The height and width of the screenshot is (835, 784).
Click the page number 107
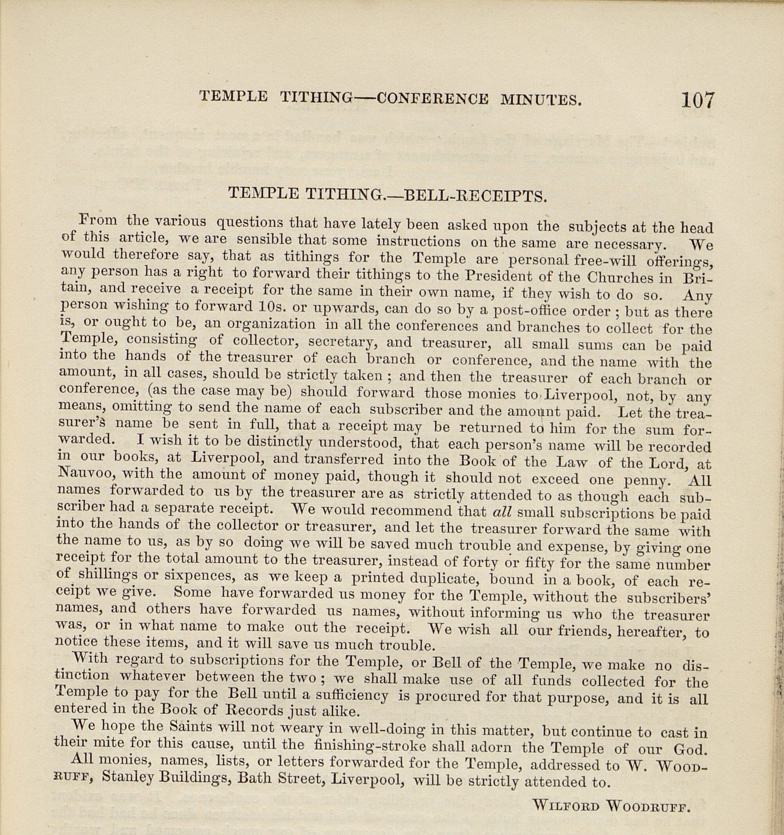coord(697,101)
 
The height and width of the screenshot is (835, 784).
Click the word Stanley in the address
coord(123,778)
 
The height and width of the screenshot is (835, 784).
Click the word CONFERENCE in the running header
coord(432,99)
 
